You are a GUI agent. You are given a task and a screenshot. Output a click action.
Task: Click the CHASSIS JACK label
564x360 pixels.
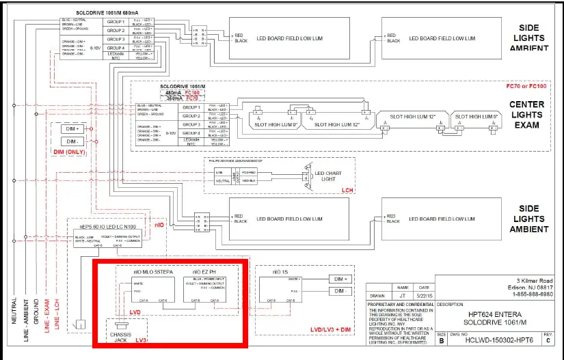tap(122, 337)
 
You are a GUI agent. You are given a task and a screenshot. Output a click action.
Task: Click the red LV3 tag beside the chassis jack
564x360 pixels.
tap(142, 340)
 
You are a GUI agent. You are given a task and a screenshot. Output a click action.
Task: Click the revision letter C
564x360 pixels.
tap(545, 339)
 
